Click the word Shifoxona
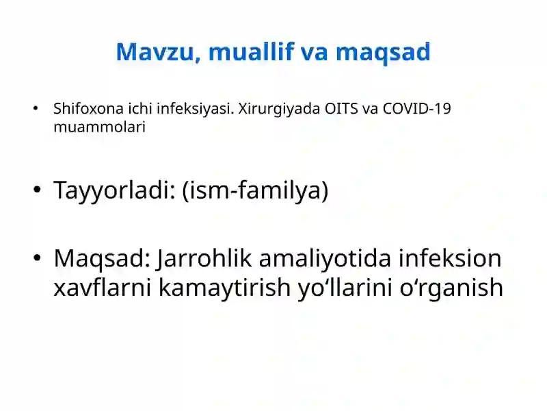point(84,109)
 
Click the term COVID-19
point(416,109)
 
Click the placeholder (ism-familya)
point(256,191)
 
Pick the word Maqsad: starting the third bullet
point(102,258)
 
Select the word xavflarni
point(103,288)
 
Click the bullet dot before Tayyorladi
point(36,191)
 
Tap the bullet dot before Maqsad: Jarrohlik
point(36,258)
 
